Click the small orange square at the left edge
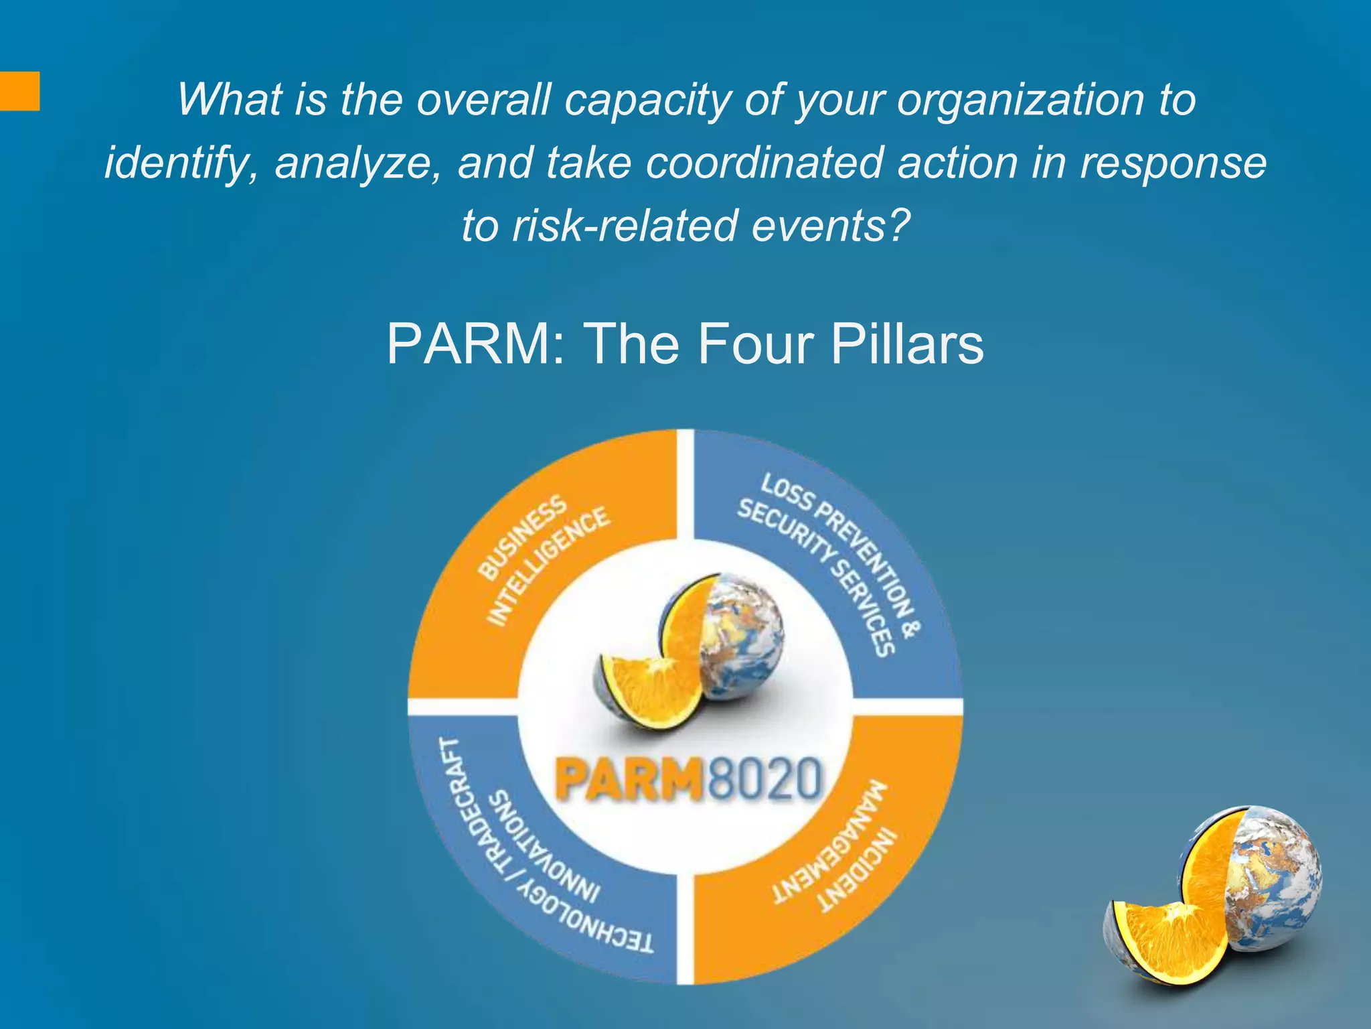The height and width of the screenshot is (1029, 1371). [19, 90]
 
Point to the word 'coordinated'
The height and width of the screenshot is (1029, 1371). [764, 163]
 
